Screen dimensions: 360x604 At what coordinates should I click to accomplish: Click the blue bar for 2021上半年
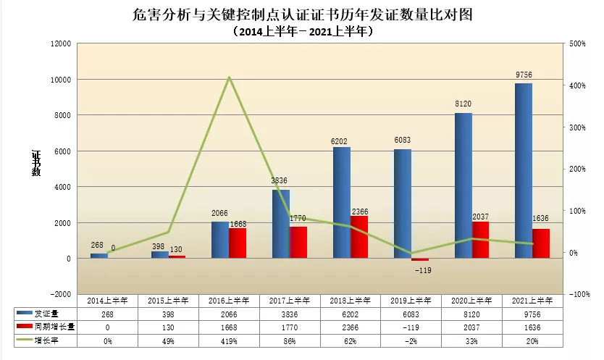click(x=524, y=171)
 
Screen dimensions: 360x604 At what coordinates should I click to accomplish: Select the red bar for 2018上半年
click(x=359, y=237)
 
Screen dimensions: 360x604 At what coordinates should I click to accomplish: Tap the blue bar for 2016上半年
click(x=220, y=240)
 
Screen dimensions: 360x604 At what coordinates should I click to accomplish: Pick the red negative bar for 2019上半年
click(x=420, y=259)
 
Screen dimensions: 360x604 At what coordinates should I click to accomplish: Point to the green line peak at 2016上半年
click(x=230, y=78)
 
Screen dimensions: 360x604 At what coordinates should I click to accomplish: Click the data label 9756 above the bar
click(x=524, y=75)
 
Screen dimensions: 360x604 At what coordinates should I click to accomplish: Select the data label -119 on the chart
click(x=422, y=269)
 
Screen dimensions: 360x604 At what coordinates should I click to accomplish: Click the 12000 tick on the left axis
click(x=60, y=43)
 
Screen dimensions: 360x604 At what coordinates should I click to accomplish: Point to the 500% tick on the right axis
click(x=578, y=43)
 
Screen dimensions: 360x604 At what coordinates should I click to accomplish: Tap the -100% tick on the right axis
click(x=579, y=294)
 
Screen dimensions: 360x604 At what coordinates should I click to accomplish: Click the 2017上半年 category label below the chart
click(x=290, y=300)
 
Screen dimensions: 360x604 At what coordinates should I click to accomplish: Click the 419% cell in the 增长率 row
click(x=229, y=340)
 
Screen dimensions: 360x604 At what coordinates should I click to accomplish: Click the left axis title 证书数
click(x=36, y=163)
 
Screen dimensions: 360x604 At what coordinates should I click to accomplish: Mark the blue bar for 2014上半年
click(x=98, y=256)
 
